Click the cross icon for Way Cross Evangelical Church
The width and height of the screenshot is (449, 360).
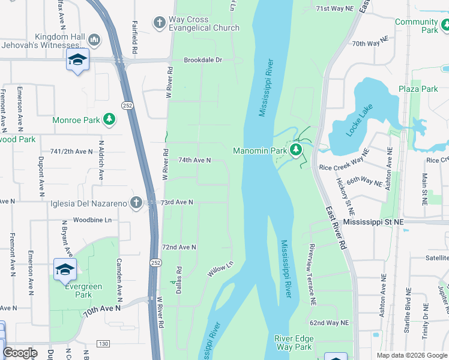click(159, 23)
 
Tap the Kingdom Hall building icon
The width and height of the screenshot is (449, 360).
click(94, 40)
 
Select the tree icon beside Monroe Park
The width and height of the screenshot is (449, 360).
click(109, 120)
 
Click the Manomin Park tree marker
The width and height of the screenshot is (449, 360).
click(295, 150)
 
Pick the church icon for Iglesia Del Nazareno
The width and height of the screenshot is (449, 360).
click(137, 203)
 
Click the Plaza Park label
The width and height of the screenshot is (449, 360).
click(418, 89)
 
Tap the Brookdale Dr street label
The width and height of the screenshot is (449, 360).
click(203, 61)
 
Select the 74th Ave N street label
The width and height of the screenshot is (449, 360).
click(194, 160)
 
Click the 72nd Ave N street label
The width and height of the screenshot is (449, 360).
click(179, 247)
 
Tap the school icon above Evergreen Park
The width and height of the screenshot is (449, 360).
click(65, 269)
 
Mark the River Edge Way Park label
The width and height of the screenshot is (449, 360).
click(294, 343)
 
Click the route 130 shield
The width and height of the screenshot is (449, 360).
click(103, 344)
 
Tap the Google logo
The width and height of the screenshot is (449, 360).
click(20, 353)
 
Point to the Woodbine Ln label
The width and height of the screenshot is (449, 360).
click(92, 220)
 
